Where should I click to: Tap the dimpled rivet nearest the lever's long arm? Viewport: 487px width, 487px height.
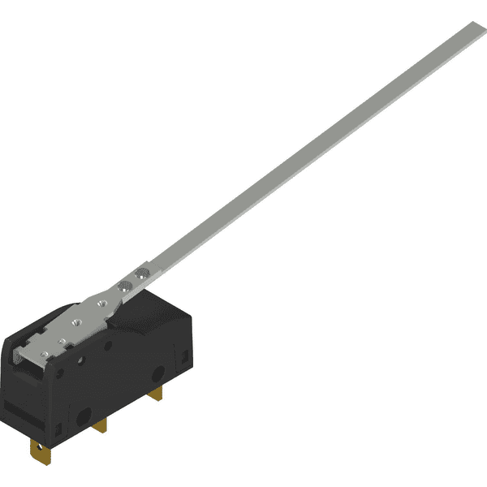[x=141, y=274]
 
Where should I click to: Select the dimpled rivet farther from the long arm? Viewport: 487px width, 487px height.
[x=125, y=285]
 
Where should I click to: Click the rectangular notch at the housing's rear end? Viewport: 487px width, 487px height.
[x=186, y=355]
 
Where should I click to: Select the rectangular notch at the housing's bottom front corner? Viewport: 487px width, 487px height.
[x=58, y=428]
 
